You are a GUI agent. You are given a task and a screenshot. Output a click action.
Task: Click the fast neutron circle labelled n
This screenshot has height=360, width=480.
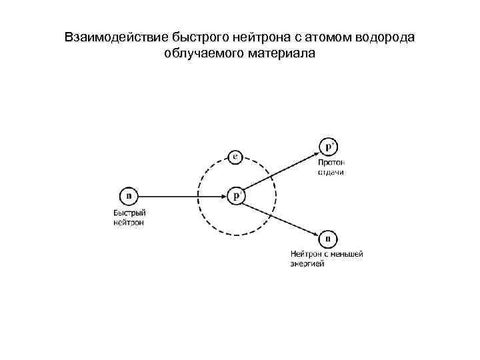tap(129, 196)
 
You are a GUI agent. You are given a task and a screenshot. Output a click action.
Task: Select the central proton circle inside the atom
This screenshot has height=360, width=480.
tap(237, 196)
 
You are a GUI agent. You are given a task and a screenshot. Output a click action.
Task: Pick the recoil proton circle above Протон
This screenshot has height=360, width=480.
tap(329, 147)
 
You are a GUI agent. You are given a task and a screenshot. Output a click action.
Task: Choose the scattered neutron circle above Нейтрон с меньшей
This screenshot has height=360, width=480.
tap(328, 238)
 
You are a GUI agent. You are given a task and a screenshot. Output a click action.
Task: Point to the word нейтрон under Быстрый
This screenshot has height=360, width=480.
tap(128, 223)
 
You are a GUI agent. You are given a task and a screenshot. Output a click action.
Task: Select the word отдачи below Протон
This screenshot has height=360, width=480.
tap(331, 172)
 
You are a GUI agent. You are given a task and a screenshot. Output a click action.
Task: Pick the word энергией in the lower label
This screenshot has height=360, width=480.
tap(307, 263)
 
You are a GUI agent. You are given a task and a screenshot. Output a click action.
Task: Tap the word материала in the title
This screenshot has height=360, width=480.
tap(277, 53)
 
